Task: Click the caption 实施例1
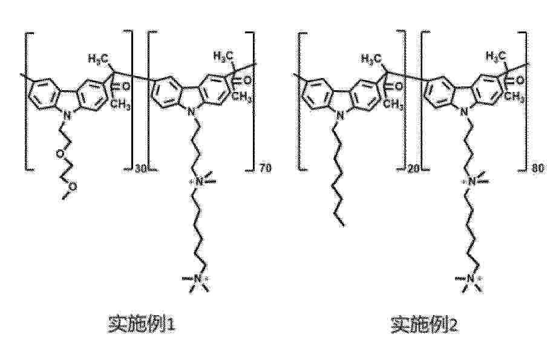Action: pyautogui.click(x=141, y=323)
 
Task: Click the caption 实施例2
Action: pyautogui.click(x=425, y=324)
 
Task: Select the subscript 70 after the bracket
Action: pyautogui.click(x=265, y=168)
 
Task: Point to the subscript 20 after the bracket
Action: pyautogui.click(x=413, y=169)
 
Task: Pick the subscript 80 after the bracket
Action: pyautogui.click(x=538, y=168)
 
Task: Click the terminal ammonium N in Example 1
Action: pyautogui.click(x=197, y=279)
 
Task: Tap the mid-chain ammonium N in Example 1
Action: pyautogui.click(x=198, y=182)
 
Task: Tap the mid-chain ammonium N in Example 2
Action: pyautogui.click(x=471, y=182)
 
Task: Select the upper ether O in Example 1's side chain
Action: pyautogui.click(x=61, y=154)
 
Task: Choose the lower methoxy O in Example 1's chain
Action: pyautogui.click(x=72, y=186)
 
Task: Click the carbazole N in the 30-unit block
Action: pyautogui.click(x=67, y=114)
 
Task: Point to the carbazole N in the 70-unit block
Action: pyautogui.click(x=191, y=113)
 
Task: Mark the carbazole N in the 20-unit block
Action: pyautogui.click(x=339, y=114)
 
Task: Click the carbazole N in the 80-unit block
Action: pyautogui.click(x=463, y=113)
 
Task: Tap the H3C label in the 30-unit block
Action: pyautogui.click(x=98, y=58)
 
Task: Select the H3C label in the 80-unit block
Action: pyautogui.click(x=495, y=56)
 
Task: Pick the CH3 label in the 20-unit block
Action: pyautogui.click(x=393, y=104)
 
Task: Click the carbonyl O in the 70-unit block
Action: pyautogui.click(x=247, y=81)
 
